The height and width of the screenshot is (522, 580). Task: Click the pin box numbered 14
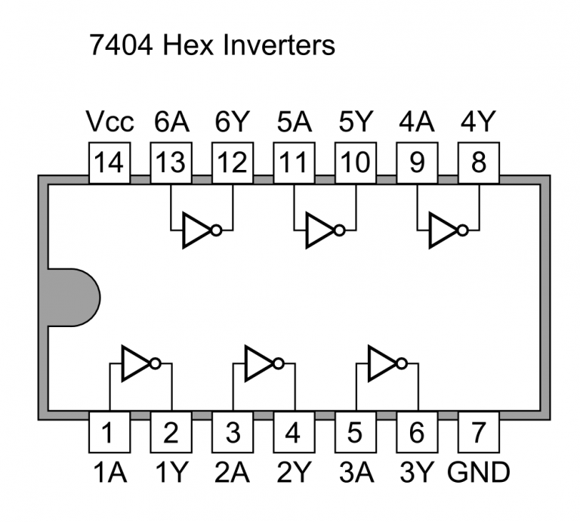coord(110,163)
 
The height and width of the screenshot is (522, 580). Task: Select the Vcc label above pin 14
coord(110,122)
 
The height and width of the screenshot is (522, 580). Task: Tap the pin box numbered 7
coord(478,433)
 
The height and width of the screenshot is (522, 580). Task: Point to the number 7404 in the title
coord(121,45)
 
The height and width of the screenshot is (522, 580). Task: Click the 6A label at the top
coord(171,122)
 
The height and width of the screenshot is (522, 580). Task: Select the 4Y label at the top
coord(478,122)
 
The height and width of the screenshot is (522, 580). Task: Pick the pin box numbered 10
coord(355,163)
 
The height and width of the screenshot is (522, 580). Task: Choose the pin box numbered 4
coord(294,433)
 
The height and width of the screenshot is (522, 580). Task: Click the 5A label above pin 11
coord(294,122)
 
